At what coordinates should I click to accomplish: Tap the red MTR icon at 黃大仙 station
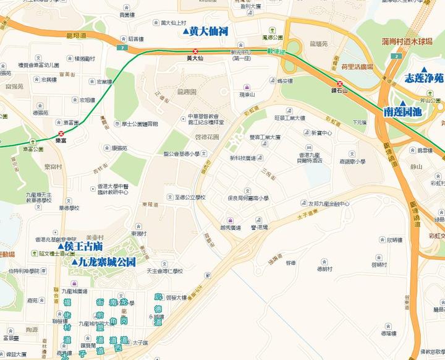point(196,51)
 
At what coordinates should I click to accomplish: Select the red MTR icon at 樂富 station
point(61,133)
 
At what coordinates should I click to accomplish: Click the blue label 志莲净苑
point(424,79)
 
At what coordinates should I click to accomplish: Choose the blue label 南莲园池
point(402,112)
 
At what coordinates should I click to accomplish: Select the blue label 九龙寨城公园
point(108,262)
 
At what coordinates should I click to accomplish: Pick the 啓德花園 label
point(207,137)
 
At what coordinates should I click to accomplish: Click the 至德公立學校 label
point(190,197)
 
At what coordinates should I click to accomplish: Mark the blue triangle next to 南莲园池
point(402,103)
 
